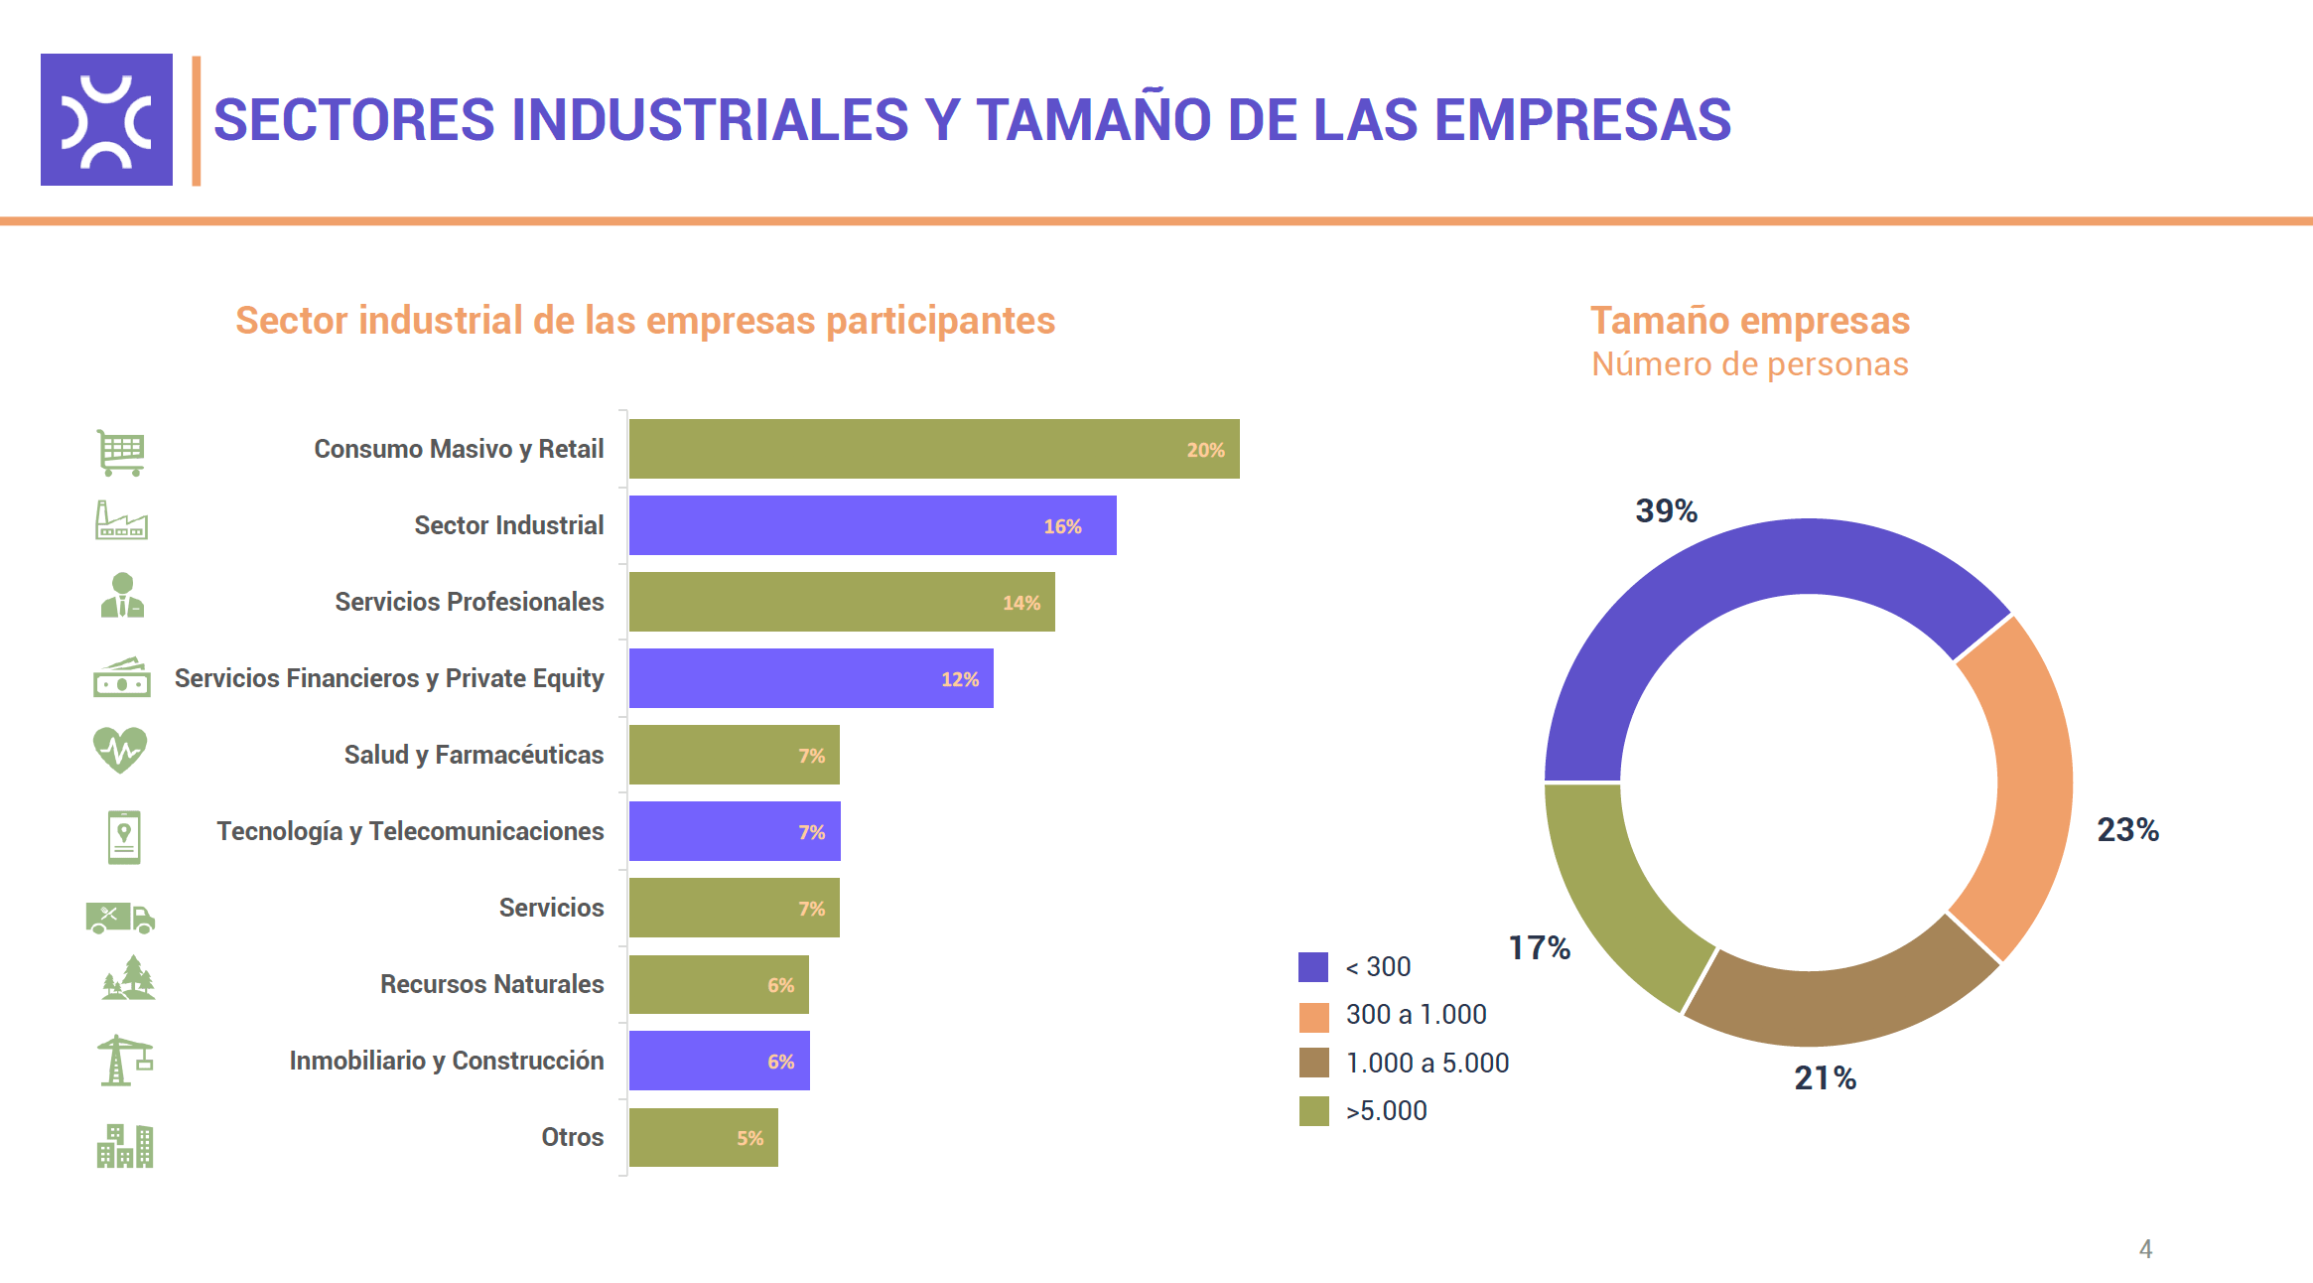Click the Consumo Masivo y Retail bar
[x=933, y=449]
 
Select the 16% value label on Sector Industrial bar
[x=1061, y=526]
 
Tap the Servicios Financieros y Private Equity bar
[x=810, y=678]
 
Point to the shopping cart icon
[x=121, y=452]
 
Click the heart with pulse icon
[x=120, y=750]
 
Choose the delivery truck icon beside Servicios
[x=120, y=917]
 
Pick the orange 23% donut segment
[x=2025, y=784]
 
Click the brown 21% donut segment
[x=1837, y=1003]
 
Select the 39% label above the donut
[x=1666, y=510]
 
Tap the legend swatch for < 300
[x=1312, y=966]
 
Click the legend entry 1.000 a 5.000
[x=1427, y=1063]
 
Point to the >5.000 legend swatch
[x=1312, y=1110]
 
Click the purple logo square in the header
[x=106, y=119]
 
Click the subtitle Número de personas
[x=1749, y=364]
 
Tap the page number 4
[x=2145, y=1248]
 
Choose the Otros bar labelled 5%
[x=703, y=1137]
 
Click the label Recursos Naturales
[x=491, y=984]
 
